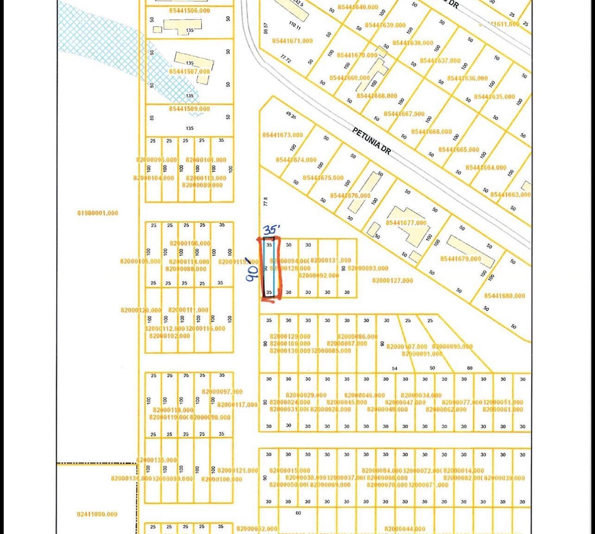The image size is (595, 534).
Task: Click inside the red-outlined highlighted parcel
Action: [270, 268]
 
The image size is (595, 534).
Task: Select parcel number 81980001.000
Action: [98, 213]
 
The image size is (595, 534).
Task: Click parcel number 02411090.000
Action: [97, 514]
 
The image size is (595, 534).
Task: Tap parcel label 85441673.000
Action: [282, 135]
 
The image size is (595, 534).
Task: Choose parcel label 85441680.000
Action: [505, 296]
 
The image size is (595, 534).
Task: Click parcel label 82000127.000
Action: [392, 280]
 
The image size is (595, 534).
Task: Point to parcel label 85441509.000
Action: [189, 109]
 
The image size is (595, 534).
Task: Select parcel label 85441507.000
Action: [189, 72]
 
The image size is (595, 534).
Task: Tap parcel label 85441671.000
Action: [292, 41]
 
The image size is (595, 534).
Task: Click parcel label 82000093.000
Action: [368, 268]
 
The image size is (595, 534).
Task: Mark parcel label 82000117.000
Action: [237, 405]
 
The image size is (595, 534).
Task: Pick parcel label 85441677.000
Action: [406, 223]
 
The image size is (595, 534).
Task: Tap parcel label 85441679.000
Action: [461, 259]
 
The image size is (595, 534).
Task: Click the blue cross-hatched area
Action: [107, 42]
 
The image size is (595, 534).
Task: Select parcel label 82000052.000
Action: [257, 529]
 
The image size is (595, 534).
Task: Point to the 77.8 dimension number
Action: [266, 202]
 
